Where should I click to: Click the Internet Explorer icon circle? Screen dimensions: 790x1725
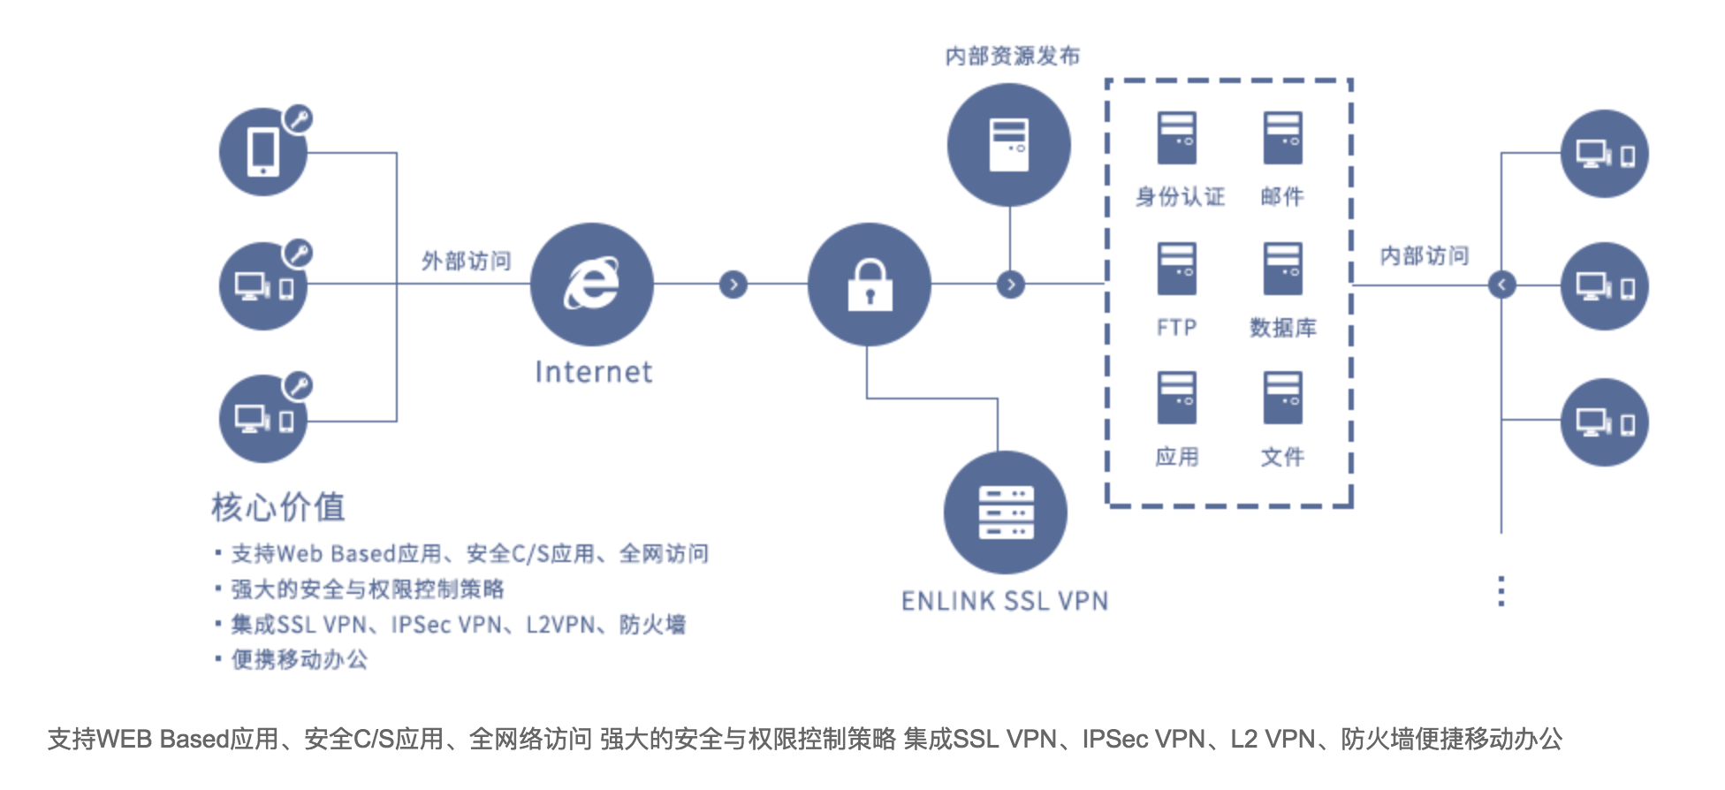tap(591, 284)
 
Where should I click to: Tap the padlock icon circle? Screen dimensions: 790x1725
tap(869, 284)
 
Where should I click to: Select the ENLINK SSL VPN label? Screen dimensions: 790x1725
tap(1004, 602)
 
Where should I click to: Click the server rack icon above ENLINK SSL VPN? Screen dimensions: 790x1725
tap(1005, 513)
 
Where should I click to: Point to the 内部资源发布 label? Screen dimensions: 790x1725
tap(1012, 57)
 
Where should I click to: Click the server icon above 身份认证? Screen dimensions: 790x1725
tap(1176, 138)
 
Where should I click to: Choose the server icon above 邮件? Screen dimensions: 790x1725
tap(1281, 138)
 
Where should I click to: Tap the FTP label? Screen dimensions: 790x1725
tap(1176, 328)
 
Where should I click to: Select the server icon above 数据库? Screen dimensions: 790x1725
tap(1281, 269)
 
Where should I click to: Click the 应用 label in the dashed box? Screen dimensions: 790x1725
tap(1176, 457)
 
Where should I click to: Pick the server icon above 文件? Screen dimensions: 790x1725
tap(1281, 398)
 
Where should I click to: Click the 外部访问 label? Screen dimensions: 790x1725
tap(466, 261)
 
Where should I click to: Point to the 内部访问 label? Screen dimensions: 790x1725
tap(1424, 256)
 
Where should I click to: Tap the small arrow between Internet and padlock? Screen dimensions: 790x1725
tap(733, 285)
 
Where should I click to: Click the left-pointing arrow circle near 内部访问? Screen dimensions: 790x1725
tap(1501, 285)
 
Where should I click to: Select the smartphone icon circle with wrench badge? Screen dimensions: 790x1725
tap(263, 152)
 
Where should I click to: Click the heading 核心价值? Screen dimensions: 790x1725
tap(277, 507)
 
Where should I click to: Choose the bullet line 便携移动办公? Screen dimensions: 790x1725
tap(299, 659)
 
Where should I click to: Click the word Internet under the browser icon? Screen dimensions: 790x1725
tap(593, 372)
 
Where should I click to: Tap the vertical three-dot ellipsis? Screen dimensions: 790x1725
tap(1501, 590)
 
